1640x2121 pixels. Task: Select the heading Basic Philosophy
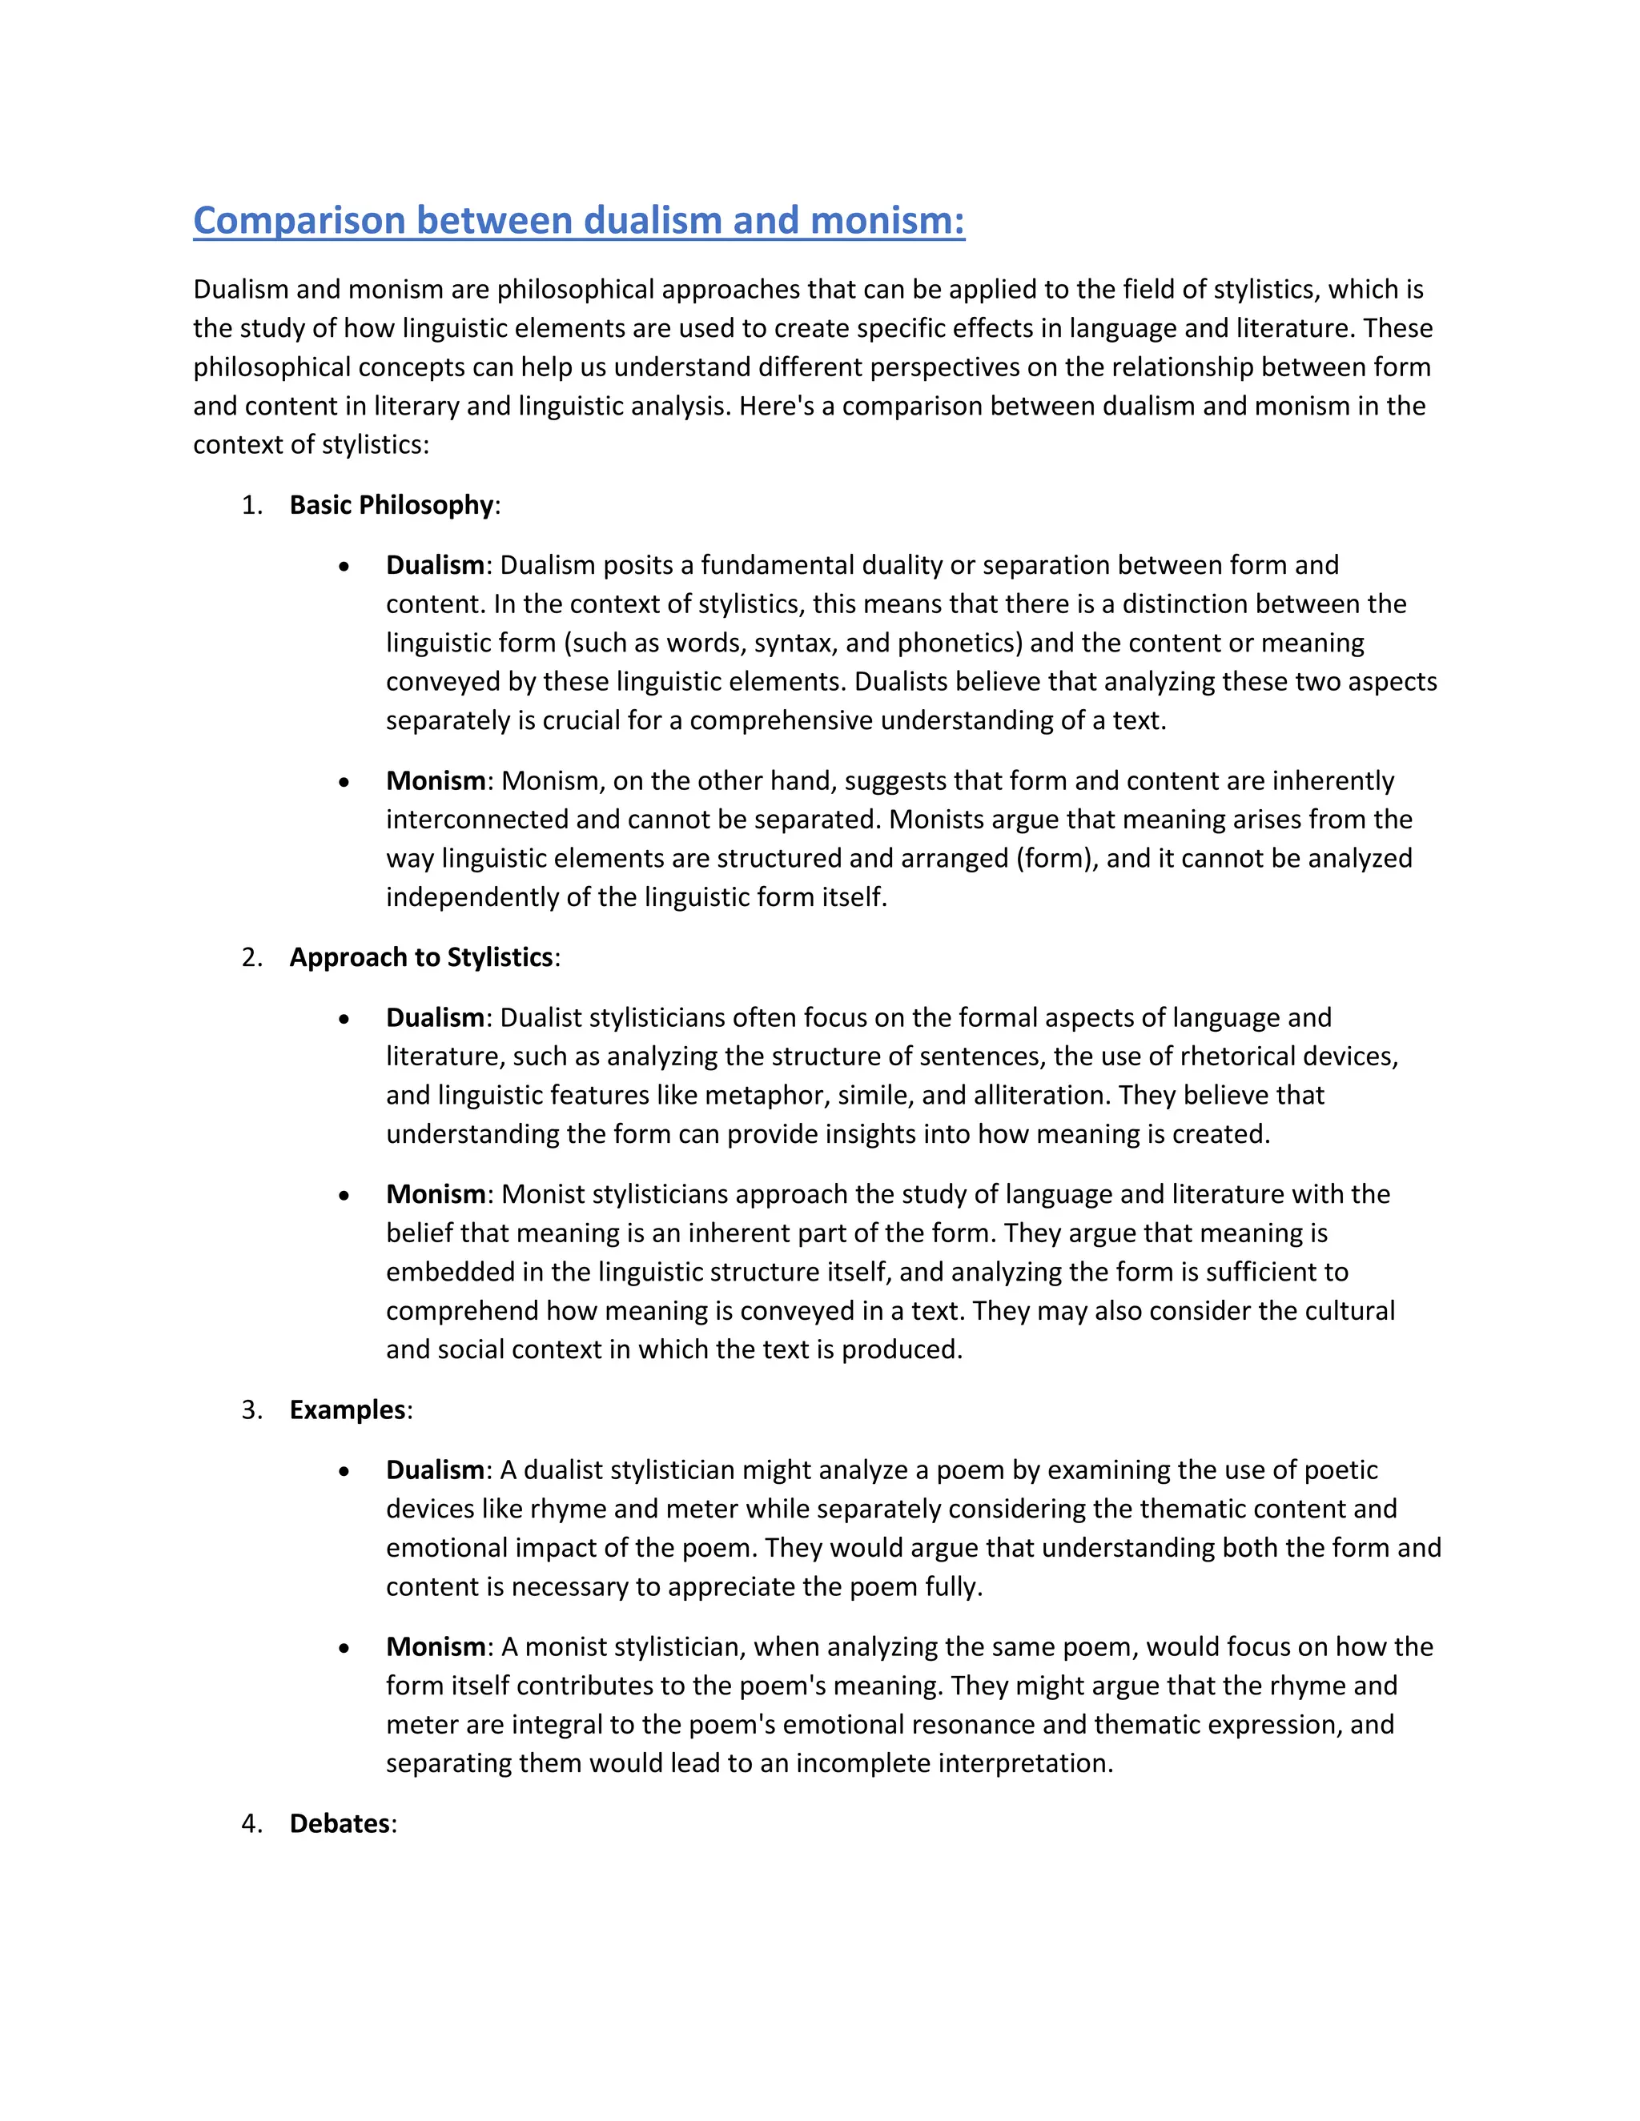392,505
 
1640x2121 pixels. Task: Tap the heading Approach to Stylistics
420,957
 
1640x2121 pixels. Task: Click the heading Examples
347,1410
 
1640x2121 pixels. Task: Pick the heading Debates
339,1824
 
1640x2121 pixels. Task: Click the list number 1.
251,505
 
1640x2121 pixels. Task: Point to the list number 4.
251,1824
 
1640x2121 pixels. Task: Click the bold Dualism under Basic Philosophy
434,565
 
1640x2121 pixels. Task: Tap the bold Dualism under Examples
434,1470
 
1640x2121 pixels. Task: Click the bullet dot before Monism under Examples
344,1649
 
